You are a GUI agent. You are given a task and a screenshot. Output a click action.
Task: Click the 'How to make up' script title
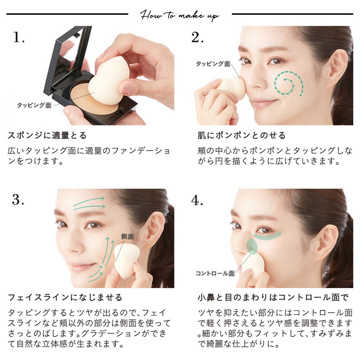180,15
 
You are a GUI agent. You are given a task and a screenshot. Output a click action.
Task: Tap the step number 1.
19,37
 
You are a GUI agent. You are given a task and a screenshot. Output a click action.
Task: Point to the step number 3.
18,200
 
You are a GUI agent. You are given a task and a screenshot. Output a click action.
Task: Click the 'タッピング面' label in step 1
34,105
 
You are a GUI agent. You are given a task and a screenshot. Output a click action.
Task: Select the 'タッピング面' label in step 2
213,64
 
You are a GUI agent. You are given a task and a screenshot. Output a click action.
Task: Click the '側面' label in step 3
127,237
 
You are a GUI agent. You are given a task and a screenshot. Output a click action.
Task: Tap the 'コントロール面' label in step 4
215,273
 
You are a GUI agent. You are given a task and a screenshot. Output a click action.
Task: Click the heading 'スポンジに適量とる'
47,136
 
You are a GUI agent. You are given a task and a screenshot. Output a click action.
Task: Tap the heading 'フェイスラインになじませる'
65,298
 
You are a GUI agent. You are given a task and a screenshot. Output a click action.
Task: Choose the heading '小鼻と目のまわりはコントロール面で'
273,298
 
